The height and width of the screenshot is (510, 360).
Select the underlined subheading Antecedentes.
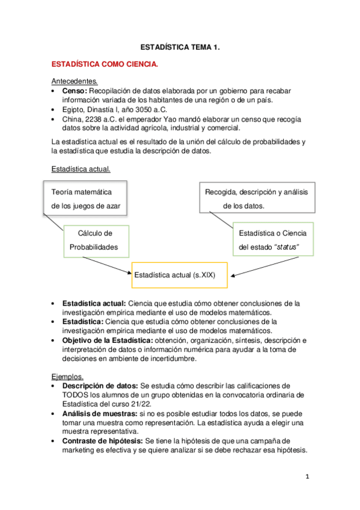(x=75, y=81)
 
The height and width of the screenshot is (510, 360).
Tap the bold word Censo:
(x=74, y=91)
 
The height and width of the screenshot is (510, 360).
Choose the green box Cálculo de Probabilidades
(x=95, y=240)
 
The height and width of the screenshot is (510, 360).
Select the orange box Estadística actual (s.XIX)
(x=178, y=275)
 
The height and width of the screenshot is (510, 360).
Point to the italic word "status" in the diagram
(x=286, y=247)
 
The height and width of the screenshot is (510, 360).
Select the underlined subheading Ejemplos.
(x=68, y=376)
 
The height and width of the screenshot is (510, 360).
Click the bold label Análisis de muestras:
(x=100, y=414)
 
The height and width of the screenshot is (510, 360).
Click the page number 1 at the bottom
(x=306, y=478)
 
